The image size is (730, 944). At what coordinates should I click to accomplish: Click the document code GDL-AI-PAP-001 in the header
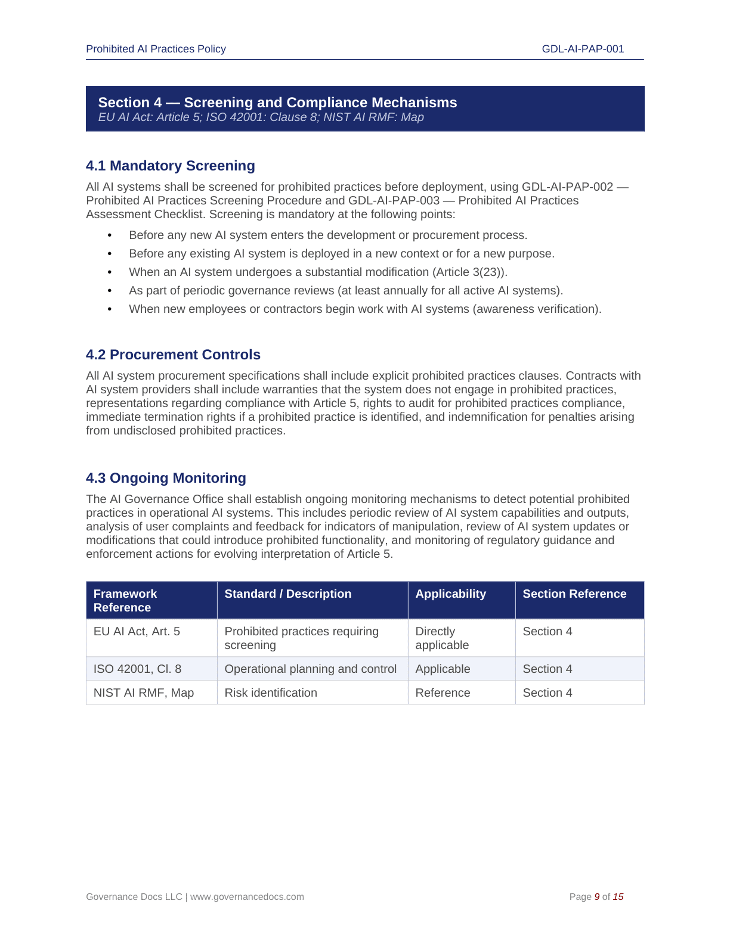(583, 49)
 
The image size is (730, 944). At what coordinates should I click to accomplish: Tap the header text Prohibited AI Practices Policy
(156, 49)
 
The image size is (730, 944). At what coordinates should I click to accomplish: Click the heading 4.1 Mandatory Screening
(170, 166)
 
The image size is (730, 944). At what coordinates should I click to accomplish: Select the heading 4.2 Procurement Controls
(173, 355)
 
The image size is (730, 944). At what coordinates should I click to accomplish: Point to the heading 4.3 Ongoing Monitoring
(166, 478)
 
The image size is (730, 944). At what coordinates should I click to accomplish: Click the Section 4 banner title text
(277, 103)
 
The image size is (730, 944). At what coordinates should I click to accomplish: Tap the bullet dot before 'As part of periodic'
(110, 291)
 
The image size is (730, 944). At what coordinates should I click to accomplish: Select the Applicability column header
(450, 594)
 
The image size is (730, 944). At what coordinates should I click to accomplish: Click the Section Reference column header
(574, 594)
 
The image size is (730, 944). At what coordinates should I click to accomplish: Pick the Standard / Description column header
(287, 594)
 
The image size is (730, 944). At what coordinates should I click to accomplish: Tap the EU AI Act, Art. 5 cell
(137, 632)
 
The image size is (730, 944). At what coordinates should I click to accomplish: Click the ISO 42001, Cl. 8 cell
(137, 669)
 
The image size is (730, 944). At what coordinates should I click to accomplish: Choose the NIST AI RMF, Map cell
(143, 693)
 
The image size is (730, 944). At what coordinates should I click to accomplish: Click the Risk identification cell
(271, 693)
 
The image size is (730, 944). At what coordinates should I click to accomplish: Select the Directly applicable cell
(442, 638)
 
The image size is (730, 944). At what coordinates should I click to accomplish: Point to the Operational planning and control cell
(310, 669)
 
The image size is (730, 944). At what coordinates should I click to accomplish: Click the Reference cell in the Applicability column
(443, 693)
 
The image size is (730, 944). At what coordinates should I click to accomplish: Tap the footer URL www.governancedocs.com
(247, 897)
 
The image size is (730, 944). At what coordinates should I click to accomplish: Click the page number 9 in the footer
(597, 897)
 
